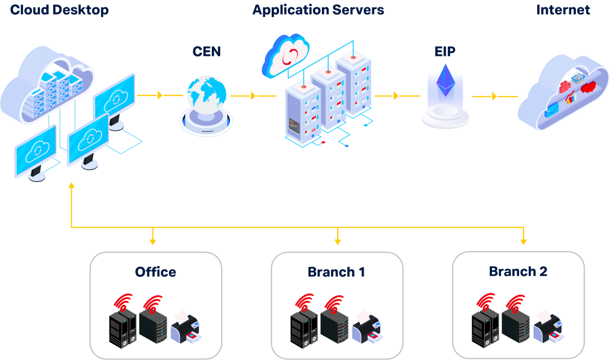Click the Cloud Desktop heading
point(59,10)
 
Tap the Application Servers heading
point(318,10)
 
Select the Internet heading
point(563,10)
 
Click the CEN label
point(207,52)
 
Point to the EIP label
point(445,52)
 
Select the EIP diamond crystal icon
point(445,82)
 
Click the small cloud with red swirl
point(286,55)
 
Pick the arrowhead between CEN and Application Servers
point(253,96)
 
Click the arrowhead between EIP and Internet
point(495,97)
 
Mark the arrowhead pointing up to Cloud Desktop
point(71,186)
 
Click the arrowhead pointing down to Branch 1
point(338,241)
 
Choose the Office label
point(155,272)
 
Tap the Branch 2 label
point(518,272)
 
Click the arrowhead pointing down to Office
point(152,241)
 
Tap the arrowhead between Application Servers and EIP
point(396,96)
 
